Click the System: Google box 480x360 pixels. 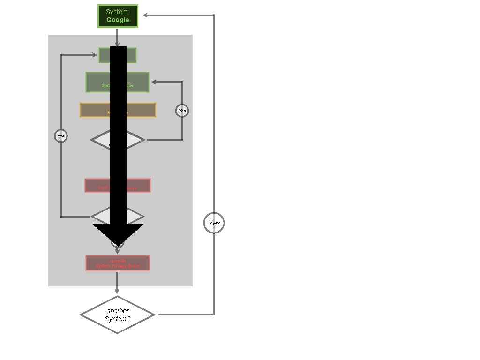(118, 16)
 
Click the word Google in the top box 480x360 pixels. (118, 20)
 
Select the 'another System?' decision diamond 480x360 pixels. (117, 315)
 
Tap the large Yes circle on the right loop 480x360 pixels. (214, 223)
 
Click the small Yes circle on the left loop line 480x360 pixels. (61, 136)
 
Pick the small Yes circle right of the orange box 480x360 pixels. (182, 111)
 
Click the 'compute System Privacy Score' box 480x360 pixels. (118, 263)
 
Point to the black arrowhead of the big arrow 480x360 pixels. (118, 234)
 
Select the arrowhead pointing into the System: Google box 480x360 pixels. (146, 15)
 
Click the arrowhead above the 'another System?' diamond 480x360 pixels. (117, 291)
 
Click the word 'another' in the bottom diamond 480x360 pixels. (118, 311)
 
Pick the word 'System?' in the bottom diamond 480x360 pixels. (117, 319)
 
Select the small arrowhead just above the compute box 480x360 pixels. (117, 251)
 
